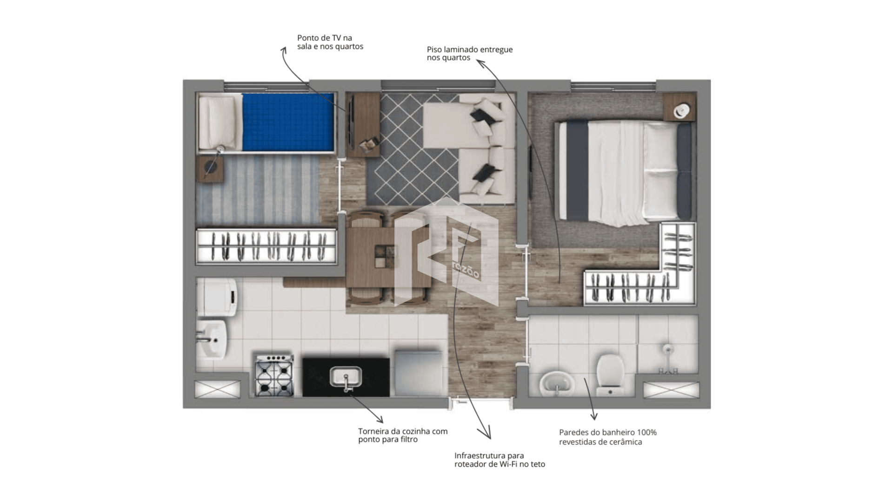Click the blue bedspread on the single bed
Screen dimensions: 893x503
(x=288, y=122)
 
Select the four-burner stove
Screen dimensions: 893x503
(x=274, y=375)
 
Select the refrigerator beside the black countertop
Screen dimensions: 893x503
(x=418, y=374)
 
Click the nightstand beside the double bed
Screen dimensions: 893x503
(x=680, y=107)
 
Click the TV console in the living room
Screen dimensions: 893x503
(x=363, y=125)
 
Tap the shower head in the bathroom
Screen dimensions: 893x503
(x=668, y=348)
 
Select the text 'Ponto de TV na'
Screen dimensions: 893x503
(x=325, y=38)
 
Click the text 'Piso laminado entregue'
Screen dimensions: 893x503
(x=470, y=49)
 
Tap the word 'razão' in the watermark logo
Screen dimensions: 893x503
(x=466, y=271)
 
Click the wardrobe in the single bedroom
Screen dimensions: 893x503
(x=267, y=245)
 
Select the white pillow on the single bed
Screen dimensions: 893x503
(x=221, y=122)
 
